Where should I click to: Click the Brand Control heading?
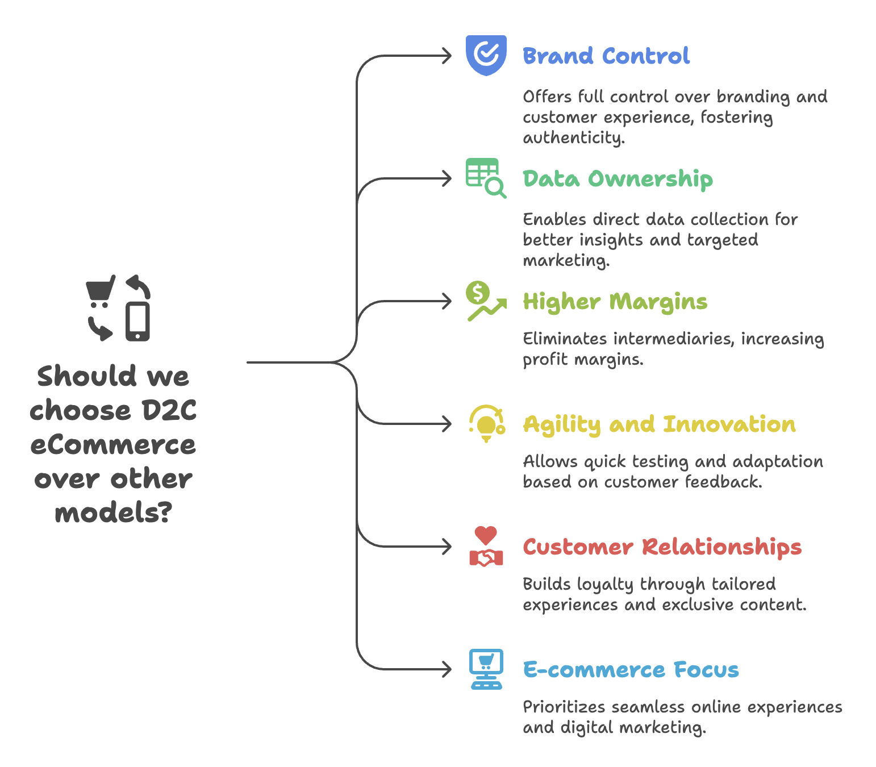[x=606, y=56]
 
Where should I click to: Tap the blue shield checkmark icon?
[x=486, y=55]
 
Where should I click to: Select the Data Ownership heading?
[x=618, y=179]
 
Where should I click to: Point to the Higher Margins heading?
[x=615, y=302]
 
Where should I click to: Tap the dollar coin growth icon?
[x=485, y=301]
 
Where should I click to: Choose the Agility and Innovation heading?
[x=659, y=424]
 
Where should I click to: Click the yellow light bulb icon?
[x=486, y=424]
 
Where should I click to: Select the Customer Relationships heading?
[x=662, y=547]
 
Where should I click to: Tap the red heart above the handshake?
[x=486, y=535]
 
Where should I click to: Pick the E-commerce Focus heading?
[x=631, y=670]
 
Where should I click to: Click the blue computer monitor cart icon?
[x=486, y=669]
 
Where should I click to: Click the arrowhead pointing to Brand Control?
[x=447, y=56]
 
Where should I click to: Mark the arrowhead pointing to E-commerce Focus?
[x=447, y=669]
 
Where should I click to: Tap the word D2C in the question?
[x=169, y=410]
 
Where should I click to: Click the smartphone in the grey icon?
[x=138, y=322]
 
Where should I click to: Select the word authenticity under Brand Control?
[x=573, y=138]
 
